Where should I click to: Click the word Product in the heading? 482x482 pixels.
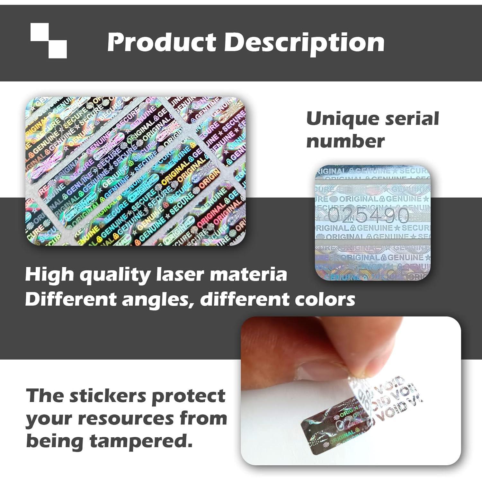point(162,42)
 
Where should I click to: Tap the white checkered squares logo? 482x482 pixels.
point(49,40)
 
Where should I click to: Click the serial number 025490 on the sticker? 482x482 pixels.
point(368,215)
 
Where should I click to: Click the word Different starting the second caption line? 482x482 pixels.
point(71,299)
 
